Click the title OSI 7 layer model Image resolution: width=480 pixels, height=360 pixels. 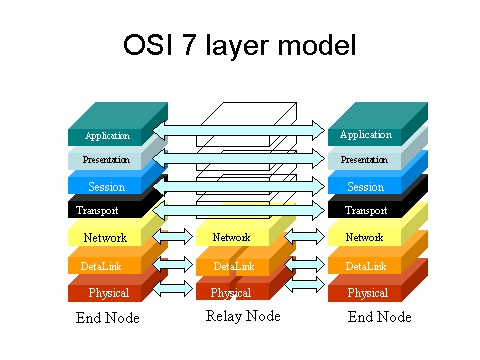[239, 46]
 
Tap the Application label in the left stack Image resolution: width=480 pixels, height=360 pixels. [108, 136]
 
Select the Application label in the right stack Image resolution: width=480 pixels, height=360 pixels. [366, 135]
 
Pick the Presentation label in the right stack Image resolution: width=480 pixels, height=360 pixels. [365, 160]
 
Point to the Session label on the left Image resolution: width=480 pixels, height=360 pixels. [106, 186]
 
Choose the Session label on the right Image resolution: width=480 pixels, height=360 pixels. [365, 186]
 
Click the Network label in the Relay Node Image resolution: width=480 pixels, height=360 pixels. [231, 238]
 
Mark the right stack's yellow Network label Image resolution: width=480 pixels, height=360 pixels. [364, 238]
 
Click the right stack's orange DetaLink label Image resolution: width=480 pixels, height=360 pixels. [365, 266]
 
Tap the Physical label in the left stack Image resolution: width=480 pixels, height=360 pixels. [108, 293]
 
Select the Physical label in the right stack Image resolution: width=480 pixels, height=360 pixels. [367, 293]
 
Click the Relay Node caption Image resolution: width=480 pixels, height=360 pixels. [243, 317]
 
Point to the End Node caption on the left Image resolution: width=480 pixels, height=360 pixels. [108, 319]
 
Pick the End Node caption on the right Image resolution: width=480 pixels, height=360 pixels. [378, 319]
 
